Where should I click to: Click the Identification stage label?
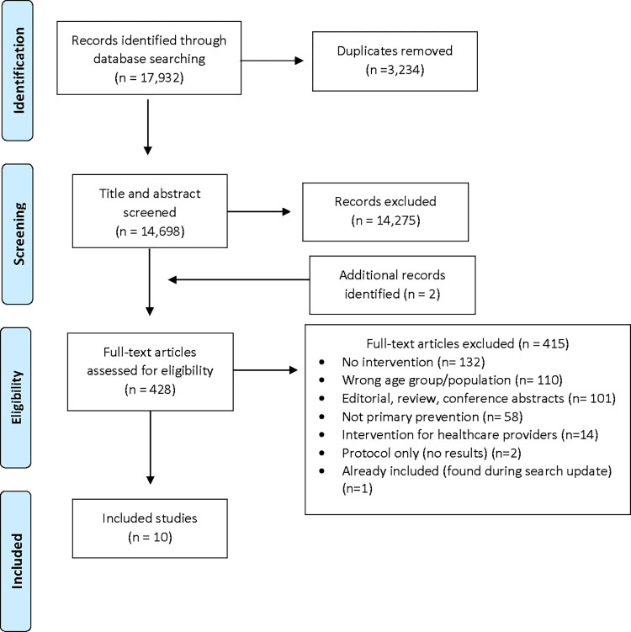coord(19,71)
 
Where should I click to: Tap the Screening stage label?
coord(19,234)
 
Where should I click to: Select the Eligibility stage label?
coord(17,397)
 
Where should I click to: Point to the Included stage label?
coord(17,561)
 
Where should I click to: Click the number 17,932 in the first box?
coord(160,77)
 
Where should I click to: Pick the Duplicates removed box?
coord(395,61)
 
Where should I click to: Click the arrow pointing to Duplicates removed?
coord(272,61)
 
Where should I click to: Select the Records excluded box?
coord(385,212)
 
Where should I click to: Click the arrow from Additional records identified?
coord(239,279)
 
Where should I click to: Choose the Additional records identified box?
coord(392,285)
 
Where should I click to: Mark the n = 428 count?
coord(151,390)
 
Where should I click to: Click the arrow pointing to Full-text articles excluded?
coord(266,370)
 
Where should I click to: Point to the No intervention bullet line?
coord(413,362)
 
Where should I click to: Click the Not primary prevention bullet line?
coord(432,417)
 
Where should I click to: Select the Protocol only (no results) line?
coord(431,453)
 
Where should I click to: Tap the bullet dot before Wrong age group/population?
coord(321,380)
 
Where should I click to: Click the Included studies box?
coord(150,528)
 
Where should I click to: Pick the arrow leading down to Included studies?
coord(151,448)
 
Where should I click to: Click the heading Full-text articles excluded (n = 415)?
coord(468,344)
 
